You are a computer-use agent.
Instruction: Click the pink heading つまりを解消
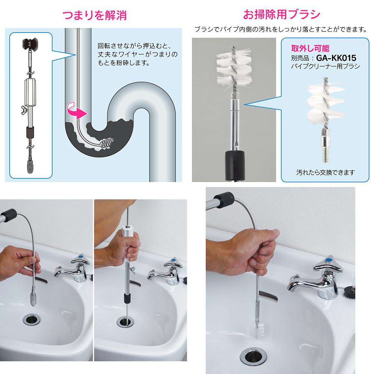click(95, 15)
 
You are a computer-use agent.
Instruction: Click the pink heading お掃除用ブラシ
click(282, 14)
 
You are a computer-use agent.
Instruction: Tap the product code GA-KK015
click(336, 58)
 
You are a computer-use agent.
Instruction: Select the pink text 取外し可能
click(310, 48)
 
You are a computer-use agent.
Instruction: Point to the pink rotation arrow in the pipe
click(76, 110)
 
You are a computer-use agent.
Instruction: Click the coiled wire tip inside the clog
click(107, 143)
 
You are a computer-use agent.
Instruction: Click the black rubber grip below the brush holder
click(235, 165)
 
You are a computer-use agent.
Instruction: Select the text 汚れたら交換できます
click(326, 172)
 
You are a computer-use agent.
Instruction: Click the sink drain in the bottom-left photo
click(32, 319)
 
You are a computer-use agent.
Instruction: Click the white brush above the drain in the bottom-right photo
click(257, 331)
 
